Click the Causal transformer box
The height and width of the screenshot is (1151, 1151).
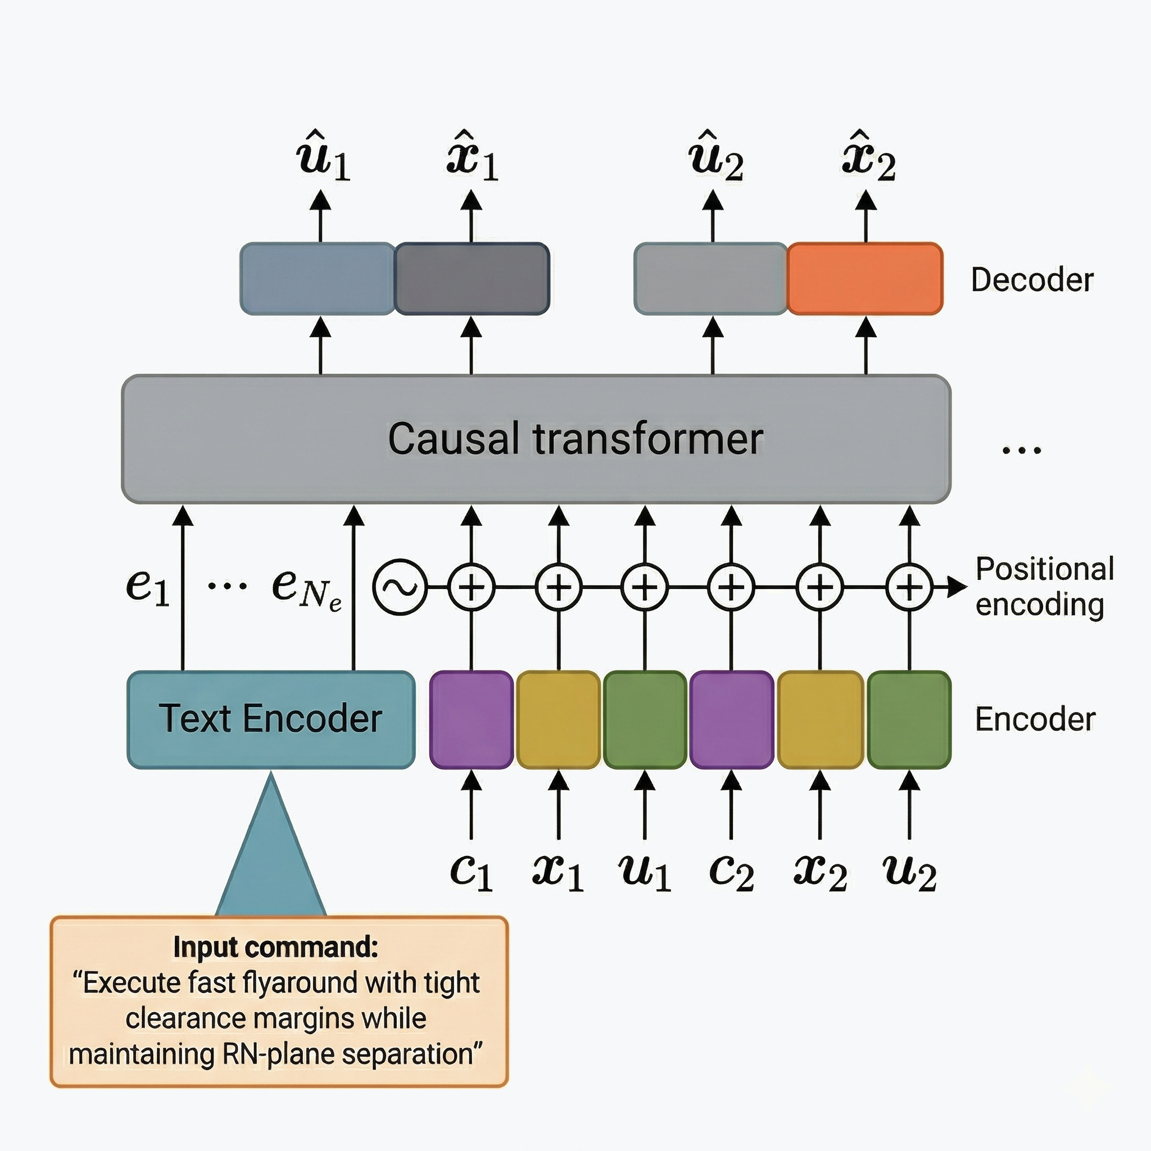[x=536, y=439]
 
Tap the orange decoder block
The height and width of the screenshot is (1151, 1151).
[x=865, y=278]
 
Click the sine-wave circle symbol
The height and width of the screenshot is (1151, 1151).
[x=400, y=587]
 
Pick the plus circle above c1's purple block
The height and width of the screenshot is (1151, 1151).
[x=471, y=587]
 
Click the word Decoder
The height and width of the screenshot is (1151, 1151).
[x=1032, y=279]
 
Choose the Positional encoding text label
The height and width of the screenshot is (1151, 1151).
[x=1044, y=587]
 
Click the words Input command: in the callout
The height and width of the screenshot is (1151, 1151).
[x=275, y=946]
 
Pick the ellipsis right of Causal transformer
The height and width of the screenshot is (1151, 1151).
[x=1021, y=450]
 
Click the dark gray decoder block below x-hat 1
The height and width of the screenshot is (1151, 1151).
[x=471, y=278]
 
